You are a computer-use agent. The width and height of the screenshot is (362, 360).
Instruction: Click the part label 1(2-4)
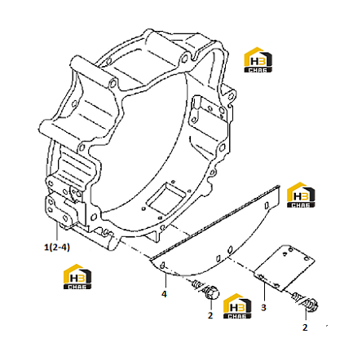[57, 248]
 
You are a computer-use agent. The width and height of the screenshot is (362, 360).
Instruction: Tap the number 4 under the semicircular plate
[164, 294]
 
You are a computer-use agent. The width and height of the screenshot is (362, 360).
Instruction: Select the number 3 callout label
[263, 308]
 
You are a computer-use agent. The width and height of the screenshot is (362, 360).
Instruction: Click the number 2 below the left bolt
[210, 315]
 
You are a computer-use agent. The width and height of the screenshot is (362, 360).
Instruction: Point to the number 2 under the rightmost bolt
[305, 327]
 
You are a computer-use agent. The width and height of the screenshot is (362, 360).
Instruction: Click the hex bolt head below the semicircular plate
[211, 292]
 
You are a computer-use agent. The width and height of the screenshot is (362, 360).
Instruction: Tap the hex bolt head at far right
[311, 305]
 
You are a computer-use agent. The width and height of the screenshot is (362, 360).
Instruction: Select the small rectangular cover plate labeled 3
[285, 267]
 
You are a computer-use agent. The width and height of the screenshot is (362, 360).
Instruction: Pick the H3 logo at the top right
[258, 60]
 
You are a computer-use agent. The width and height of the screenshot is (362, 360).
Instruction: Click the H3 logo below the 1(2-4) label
[77, 277]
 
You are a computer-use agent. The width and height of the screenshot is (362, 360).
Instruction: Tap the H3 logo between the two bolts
[237, 306]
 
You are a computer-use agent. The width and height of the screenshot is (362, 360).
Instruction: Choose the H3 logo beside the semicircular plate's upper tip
[301, 195]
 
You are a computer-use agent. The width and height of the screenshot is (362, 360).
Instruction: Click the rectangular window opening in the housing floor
[166, 196]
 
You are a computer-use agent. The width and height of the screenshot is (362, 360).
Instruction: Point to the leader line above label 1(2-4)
[57, 232]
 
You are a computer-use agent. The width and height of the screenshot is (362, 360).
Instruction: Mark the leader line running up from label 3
[264, 292]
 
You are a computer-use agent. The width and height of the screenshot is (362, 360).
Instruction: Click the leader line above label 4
[166, 281]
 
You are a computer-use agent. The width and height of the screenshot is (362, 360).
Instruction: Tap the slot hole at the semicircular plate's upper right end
[267, 206]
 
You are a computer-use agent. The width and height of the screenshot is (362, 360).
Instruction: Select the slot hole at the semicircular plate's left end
[162, 265]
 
